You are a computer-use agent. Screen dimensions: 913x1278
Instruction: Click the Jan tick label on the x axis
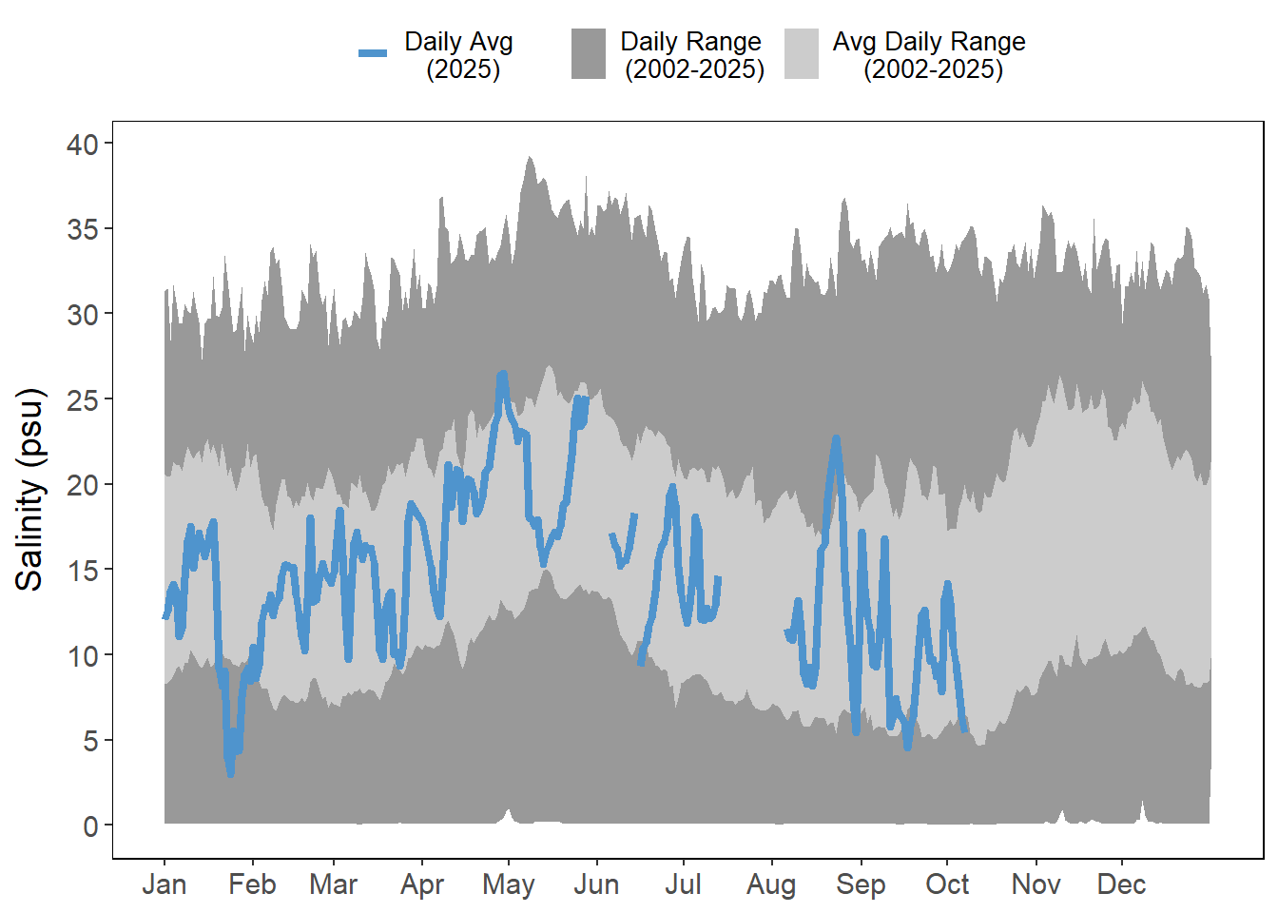[x=164, y=884]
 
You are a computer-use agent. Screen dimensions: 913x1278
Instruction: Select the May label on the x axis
[x=508, y=884]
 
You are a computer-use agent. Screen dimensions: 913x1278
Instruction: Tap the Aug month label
[x=770, y=884]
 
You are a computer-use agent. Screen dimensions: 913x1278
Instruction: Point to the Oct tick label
[x=947, y=884]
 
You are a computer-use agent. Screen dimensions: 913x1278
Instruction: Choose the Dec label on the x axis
[x=1121, y=884]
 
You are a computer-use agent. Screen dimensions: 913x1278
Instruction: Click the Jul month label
[x=683, y=884]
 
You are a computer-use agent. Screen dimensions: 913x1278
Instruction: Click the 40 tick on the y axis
[x=83, y=145]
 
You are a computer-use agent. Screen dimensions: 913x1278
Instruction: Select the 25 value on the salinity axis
[x=83, y=400]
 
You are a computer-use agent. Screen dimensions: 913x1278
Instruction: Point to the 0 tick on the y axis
[x=90, y=826]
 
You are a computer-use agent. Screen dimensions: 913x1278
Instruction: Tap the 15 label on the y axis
[x=83, y=571]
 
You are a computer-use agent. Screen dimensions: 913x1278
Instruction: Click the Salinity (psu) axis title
[x=30, y=490]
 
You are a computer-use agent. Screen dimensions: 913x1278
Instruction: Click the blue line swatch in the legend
[x=373, y=53]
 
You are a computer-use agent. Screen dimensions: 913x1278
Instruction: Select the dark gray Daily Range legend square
[x=589, y=53]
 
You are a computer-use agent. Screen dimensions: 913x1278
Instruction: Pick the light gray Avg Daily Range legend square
[x=802, y=53]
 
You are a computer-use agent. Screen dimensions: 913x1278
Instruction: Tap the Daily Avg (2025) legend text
[x=459, y=55]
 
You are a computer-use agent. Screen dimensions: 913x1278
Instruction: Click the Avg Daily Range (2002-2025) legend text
[x=929, y=55]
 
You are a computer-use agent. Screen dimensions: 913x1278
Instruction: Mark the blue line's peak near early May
[x=502, y=374]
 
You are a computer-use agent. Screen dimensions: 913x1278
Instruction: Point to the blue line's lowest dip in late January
[x=230, y=774]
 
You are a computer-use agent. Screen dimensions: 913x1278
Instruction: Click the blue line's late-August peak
[x=836, y=438]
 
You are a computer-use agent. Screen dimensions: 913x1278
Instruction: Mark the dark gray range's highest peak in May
[x=531, y=157]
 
